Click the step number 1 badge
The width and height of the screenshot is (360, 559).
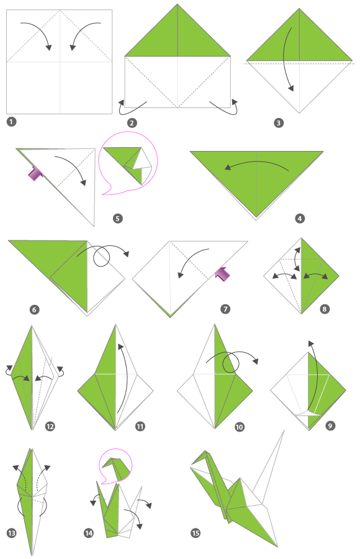coord(11,122)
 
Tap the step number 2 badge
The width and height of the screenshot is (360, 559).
coord(132,122)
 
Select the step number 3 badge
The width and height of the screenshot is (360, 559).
coord(279,122)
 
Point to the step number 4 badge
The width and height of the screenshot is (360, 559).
coord(300,218)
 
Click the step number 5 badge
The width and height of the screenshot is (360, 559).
coord(119,218)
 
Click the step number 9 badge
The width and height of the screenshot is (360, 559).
coord(329,426)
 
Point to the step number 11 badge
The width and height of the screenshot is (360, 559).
coord(140,426)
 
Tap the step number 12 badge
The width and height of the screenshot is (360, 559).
coord(50,426)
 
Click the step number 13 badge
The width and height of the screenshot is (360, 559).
coord(11,532)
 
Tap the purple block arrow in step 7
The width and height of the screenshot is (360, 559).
coord(222,271)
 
